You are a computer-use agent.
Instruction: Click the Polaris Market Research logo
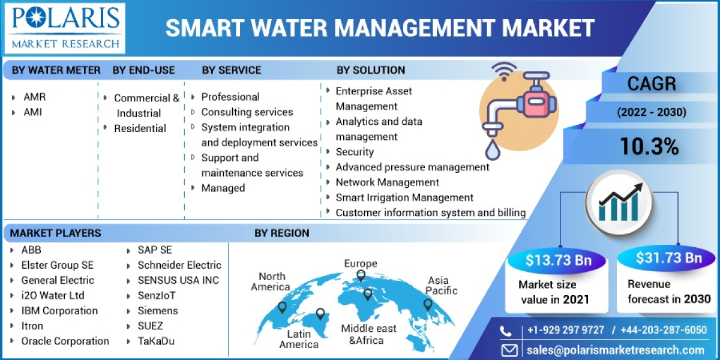point(64,28)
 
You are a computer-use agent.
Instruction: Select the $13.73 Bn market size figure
point(558,260)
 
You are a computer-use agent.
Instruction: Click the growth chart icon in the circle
point(619,202)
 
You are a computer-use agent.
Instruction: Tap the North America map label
point(271,281)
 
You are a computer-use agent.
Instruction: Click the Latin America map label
point(298,339)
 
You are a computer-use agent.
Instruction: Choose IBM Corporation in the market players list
point(59,311)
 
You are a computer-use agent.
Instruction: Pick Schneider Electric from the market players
point(179,265)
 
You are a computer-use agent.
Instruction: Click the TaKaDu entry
point(158,341)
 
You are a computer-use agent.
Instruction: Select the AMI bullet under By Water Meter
point(32,112)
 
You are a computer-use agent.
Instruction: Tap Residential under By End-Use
point(140,128)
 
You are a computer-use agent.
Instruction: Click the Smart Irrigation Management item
point(404,197)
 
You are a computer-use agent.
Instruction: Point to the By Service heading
point(232,70)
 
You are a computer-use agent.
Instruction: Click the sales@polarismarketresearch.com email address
point(616,350)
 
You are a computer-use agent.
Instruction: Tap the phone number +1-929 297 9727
point(566,331)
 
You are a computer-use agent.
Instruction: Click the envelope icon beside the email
point(509,350)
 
